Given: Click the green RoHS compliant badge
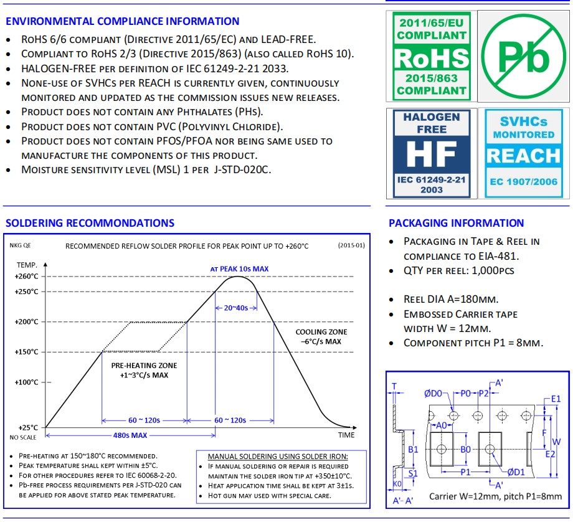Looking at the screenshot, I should click(431, 57).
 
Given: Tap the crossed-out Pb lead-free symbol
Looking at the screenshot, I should click(523, 57).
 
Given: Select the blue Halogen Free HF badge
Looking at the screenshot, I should click(431, 153).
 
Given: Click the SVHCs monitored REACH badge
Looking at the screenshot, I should click(523, 153).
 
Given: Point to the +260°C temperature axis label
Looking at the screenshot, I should click(26, 277).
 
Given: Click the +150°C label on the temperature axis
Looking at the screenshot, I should click(26, 352).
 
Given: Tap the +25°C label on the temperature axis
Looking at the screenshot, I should click(28, 428).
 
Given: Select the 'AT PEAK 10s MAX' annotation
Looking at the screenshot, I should click(239, 268).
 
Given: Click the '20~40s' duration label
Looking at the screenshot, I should click(236, 308).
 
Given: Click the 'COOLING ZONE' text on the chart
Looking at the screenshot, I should click(321, 332).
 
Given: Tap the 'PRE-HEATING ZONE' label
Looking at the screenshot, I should click(144, 366).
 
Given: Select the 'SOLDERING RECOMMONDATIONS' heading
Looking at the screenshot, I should click(90, 223).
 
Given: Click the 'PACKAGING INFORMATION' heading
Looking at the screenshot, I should click(457, 223).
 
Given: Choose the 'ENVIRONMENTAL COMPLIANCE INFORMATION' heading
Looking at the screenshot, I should click(122, 21).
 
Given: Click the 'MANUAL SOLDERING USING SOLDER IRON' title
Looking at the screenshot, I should click(278, 457).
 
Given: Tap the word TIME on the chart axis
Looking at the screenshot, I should click(346, 435).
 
